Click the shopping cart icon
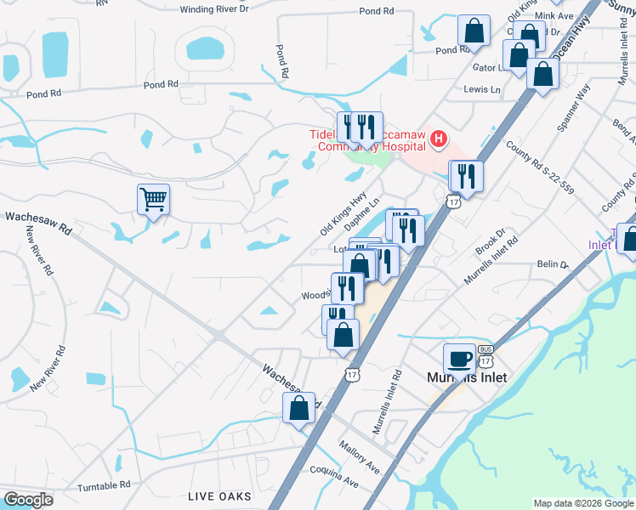pos(153,200)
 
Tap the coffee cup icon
pos(459,359)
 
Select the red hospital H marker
pos(439,139)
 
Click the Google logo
pos(29,499)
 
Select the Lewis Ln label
pos(482,89)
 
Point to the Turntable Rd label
pos(104,484)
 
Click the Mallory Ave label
pos(359,456)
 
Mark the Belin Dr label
pos(552,265)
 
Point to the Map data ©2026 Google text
pos(583,503)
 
